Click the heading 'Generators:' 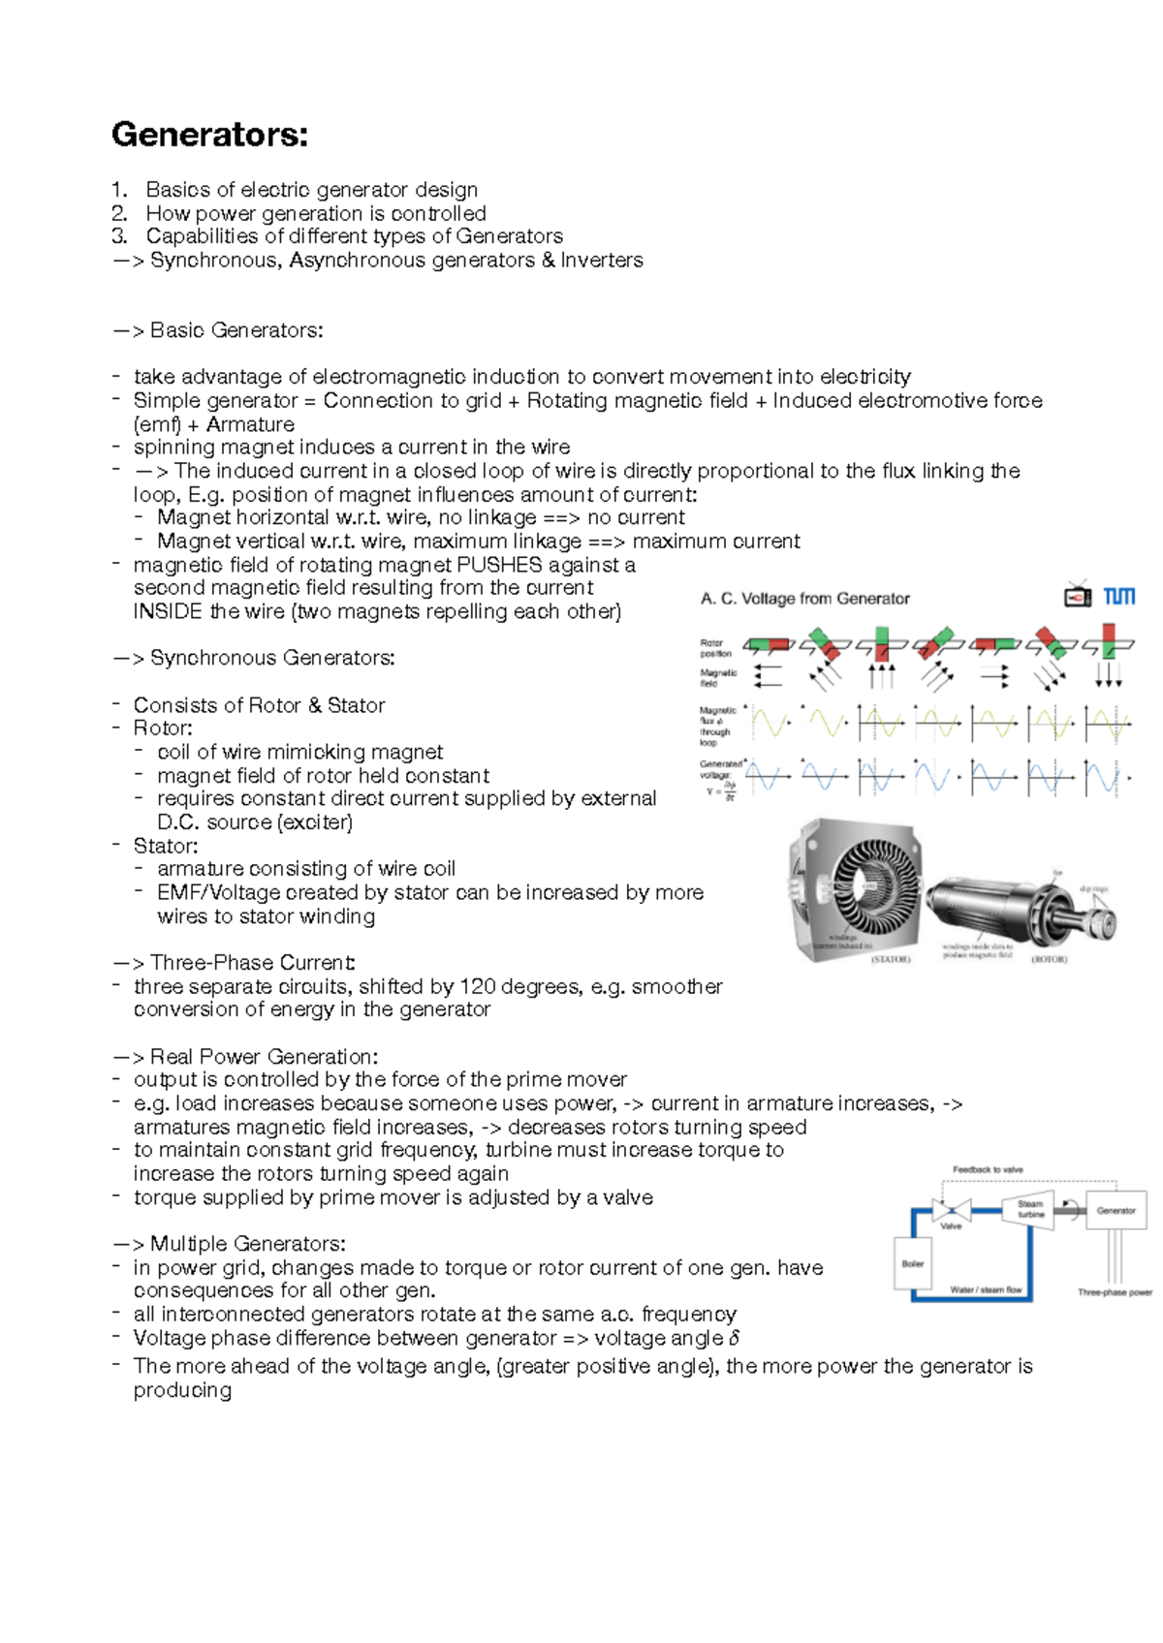click(209, 135)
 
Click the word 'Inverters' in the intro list click(601, 261)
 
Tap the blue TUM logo click(1118, 597)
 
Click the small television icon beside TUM click(1078, 597)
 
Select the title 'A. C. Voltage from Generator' click(804, 599)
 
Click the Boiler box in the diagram click(912, 1264)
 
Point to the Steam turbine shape click(1029, 1210)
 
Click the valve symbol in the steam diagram click(951, 1209)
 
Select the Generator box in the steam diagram click(1116, 1211)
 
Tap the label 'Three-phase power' click(1115, 1292)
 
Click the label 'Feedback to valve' click(988, 1169)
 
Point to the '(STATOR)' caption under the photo click(890, 959)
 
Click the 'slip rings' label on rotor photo click(1093, 888)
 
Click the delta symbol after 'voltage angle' click(734, 1339)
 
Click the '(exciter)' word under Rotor click(315, 822)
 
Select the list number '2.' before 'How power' click(119, 213)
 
